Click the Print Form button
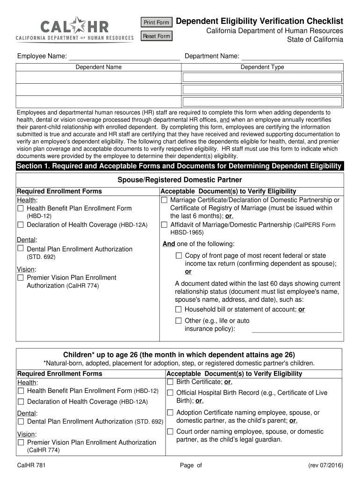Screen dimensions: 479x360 (156, 22)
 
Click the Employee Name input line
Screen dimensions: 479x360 (124, 57)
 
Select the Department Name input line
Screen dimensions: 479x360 (292, 57)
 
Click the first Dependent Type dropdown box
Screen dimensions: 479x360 (262, 77)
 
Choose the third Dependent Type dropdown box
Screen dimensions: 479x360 (262, 102)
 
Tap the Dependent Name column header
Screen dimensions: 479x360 (99, 67)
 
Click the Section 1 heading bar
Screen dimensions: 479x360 (180, 167)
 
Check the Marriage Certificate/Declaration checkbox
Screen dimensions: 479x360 (164, 200)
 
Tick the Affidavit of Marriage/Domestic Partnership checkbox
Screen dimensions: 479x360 (164, 225)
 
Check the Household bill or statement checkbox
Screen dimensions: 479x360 (178, 310)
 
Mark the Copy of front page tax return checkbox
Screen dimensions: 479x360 (179, 256)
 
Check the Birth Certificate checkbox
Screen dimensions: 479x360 (170, 382)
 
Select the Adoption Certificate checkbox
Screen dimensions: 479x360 (170, 413)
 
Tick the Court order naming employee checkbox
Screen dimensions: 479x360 (170, 432)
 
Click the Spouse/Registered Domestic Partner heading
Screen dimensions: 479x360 (180, 180)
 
